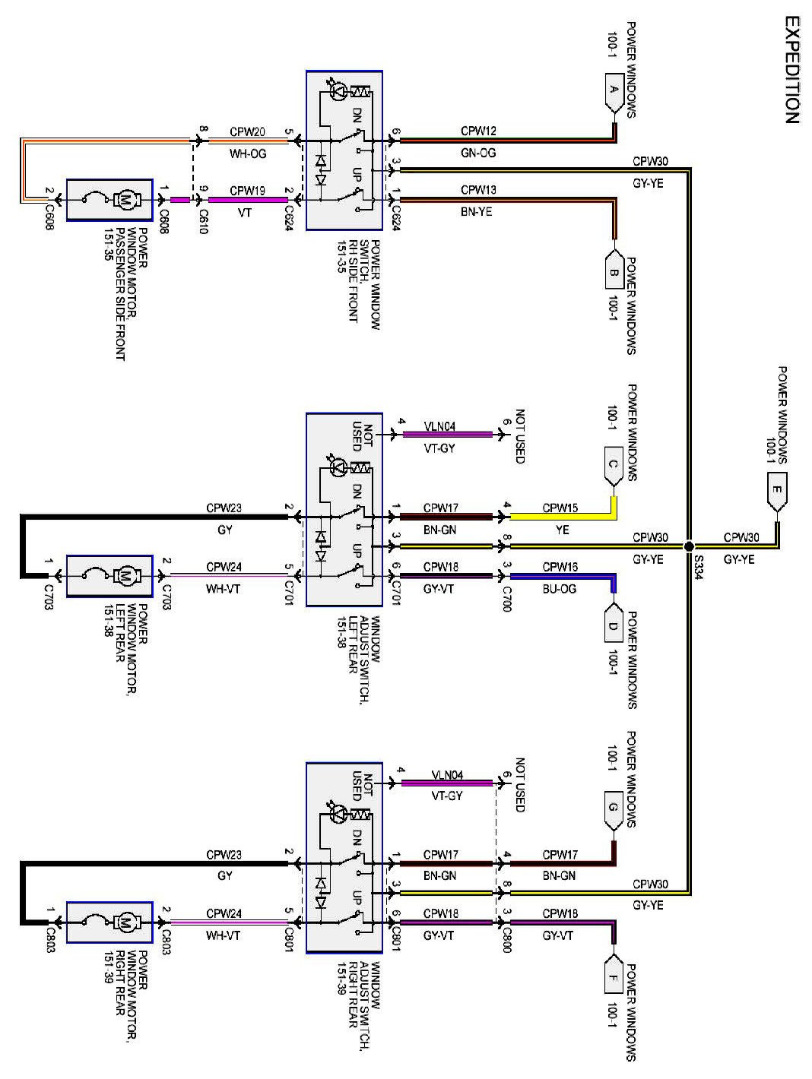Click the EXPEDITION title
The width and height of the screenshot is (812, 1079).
pyautogui.click(x=791, y=70)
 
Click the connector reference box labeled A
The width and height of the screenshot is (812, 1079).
pyautogui.click(x=614, y=93)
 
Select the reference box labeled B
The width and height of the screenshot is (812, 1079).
pyautogui.click(x=614, y=269)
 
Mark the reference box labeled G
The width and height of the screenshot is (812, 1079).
pyautogui.click(x=614, y=812)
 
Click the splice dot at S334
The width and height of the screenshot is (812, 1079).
pyautogui.click(x=689, y=546)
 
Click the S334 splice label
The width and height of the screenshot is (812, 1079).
pyautogui.click(x=699, y=567)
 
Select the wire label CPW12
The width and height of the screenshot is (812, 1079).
pyautogui.click(x=478, y=131)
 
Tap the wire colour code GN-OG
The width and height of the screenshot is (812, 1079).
pyautogui.click(x=478, y=153)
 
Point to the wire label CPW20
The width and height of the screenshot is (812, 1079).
pyautogui.click(x=247, y=131)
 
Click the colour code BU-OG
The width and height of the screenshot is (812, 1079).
pyautogui.click(x=560, y=588)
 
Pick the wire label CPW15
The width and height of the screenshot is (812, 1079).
pyautogui.click(x=560, y=508)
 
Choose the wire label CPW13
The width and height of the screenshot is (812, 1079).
pyautogui.click(x=478, y=190)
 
